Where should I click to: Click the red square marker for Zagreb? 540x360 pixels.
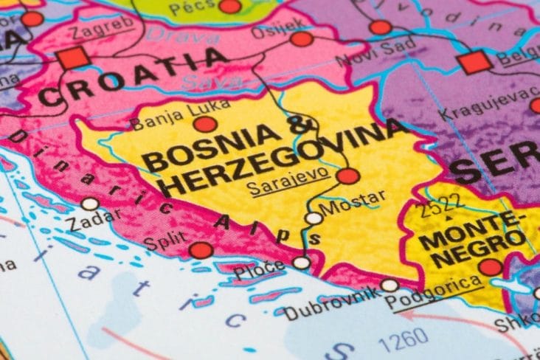click(x=74, y=58)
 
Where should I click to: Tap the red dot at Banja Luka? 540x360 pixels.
click(x=205, y=124)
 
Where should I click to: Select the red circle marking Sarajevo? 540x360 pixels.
click(x=348, y=176)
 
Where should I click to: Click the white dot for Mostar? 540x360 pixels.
click(x=314, y=218)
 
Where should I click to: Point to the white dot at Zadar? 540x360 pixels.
click(x=90, y=204)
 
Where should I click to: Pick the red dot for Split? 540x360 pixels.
click(x=201, y=250)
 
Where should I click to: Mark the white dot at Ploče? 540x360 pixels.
click(x=301, y=263)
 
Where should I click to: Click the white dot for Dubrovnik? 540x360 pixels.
click(x=390, y=285)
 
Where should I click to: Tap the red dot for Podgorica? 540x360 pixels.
click(x=491, y=267)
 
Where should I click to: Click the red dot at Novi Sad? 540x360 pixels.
click(x=381, y=28)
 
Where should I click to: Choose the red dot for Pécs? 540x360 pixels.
click(x=230, y=6)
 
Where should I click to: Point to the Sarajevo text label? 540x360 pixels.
click(x=279, y=184)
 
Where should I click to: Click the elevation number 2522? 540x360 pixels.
click(x=442, y=206)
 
